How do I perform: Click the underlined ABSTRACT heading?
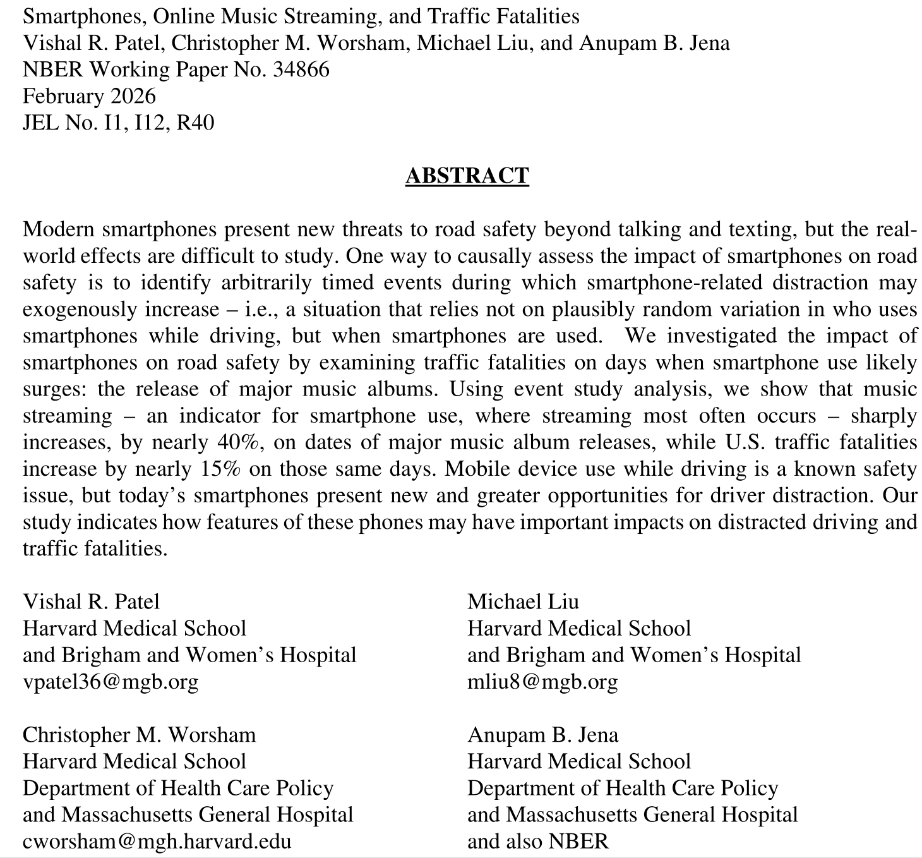point(467,176)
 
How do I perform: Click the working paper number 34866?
point(301,69)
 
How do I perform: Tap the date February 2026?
point(89,95)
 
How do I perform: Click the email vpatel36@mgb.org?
point(111,681)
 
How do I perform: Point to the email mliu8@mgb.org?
point(542,681)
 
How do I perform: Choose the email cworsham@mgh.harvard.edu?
point(157,841)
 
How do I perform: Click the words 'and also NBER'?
point(538,841)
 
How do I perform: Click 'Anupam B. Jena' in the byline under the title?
point(655,42)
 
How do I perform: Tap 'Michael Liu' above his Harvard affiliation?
point(523,601)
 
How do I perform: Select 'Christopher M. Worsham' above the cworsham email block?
point(139,734)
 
